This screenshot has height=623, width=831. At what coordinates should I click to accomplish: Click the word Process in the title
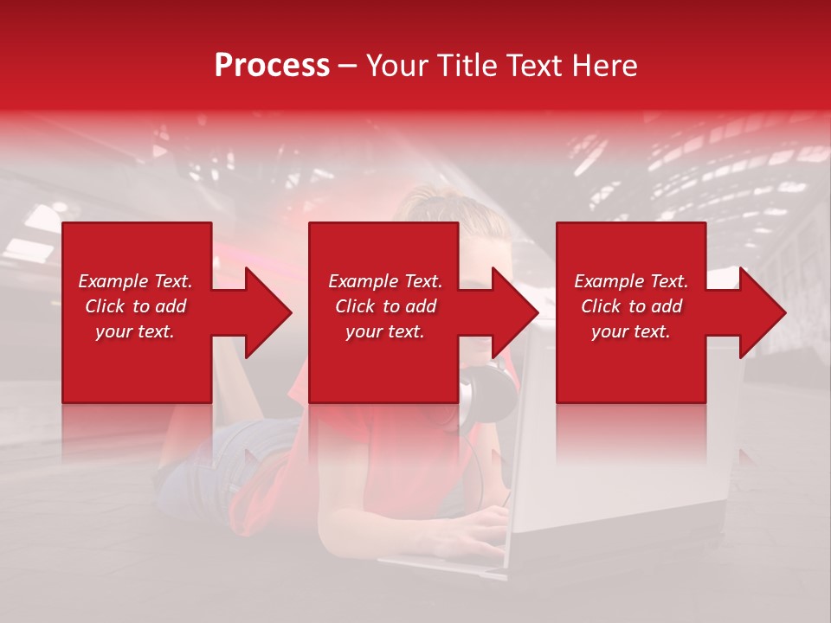tap(272, 66)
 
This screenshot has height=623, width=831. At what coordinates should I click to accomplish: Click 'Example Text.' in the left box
tap(135, 281)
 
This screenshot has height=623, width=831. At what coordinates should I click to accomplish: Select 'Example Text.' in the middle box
tap(384, 281)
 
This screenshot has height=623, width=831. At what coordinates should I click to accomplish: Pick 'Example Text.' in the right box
tap(631, 281)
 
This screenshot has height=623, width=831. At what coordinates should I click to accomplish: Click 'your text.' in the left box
tap(135, 331)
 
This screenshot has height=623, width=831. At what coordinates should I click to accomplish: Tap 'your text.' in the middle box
tap(384, 331)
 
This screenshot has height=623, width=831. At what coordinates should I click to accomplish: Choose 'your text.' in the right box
tap(631, 331)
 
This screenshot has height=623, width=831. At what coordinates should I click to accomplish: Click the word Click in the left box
tap(105, 306)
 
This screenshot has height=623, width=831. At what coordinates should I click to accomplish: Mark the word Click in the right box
tap(601, 306)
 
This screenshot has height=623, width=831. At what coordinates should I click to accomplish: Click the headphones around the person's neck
tap(480, 394)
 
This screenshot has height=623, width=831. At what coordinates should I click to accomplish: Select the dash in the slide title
tap(347, 67)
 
